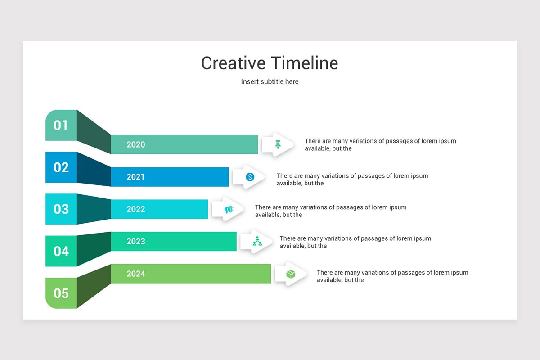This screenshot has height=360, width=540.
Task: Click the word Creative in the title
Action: pos(234,63)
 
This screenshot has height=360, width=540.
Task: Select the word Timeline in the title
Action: pos(305,63)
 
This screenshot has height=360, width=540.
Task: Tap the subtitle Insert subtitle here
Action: pos(270,81)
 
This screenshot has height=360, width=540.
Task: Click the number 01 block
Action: pos(61,125)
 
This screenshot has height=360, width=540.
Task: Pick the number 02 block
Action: pos(61,167)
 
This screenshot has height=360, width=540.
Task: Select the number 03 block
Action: pos(61,209)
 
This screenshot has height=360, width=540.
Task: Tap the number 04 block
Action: pos(61,251)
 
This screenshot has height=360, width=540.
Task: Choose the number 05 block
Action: pos(61,293)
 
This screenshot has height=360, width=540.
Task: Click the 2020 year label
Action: pos(136,144)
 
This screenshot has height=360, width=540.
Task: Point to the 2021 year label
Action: pos(136,177)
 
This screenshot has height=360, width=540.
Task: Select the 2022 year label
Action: pos(136,209)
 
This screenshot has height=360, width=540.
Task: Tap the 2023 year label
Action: pos(136,241)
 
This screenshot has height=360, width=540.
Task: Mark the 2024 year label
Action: pos(136,274)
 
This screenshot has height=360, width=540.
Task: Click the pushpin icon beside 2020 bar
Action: pos(278,144)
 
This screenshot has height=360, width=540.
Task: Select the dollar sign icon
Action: pos(250,177)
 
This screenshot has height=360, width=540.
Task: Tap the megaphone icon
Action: pos(229,209)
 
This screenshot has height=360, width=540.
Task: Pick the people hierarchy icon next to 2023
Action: pos(257,241)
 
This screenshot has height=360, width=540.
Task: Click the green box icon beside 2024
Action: pos(291,274)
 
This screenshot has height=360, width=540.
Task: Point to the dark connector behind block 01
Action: pos(94,132)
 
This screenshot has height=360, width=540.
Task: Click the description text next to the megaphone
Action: pos(331,211)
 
